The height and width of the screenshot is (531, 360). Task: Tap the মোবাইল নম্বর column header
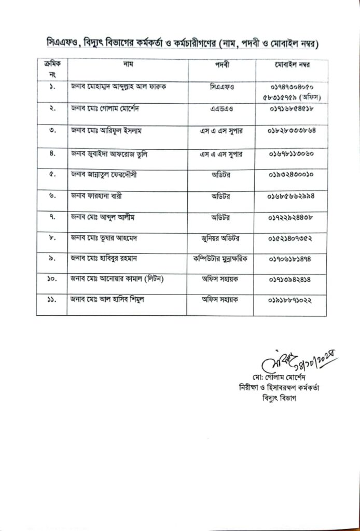290,65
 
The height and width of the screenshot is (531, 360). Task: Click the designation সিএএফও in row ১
221,87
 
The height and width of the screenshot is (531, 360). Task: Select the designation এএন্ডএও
221,109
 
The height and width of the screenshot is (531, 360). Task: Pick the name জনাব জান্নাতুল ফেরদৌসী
107,175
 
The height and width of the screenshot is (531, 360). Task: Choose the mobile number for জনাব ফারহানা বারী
290,197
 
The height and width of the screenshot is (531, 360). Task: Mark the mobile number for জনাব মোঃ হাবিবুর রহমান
290,259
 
